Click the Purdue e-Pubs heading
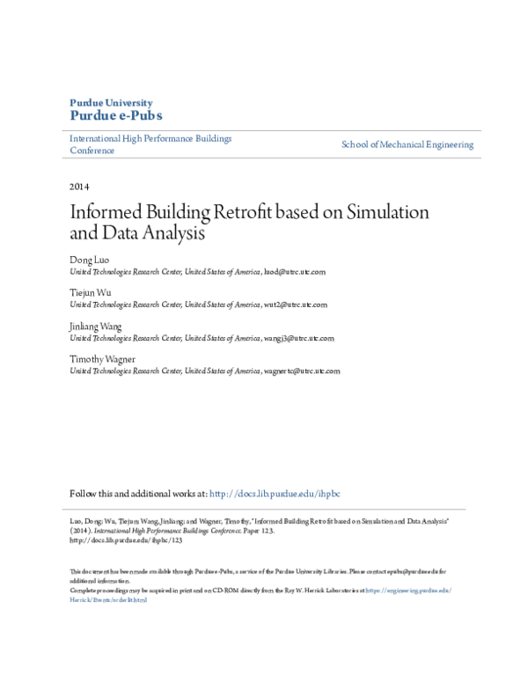tap(115, 116)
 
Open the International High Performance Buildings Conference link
tap(150, 144)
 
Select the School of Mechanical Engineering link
tap(407, 144)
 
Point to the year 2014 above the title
tap(79, 187)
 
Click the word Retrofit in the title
tap(246, 213)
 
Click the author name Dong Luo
tap(89, 262)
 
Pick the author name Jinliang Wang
tap(95, 327)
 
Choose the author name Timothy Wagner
tap(102, 359)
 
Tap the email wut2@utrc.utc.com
tap(296, 305)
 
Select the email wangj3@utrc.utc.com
tap(299, 338)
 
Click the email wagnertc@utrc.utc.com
tap(302, 371)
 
